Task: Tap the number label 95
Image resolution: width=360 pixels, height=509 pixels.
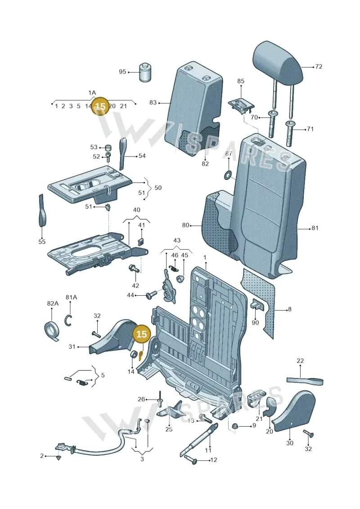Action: coord(122,72)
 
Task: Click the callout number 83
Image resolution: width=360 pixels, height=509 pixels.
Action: coord(153,103)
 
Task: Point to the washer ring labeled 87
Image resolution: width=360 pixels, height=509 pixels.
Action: coord(228,174)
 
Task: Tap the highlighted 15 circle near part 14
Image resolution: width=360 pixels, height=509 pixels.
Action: coord(142,334)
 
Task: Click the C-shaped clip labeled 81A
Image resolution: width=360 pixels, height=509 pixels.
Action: coord(69,320)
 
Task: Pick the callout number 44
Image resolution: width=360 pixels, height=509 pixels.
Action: coord(130,295)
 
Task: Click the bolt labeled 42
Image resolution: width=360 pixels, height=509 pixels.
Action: coord(134,269)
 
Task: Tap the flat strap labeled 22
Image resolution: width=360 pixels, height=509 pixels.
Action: coord(305,381)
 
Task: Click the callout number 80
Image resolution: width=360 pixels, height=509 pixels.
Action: coord(185,225)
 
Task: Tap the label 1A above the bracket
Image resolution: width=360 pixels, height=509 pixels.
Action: coord(92,93)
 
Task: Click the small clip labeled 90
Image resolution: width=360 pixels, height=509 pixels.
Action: coord(257,305)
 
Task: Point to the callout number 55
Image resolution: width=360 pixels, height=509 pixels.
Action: coord(42,242)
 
